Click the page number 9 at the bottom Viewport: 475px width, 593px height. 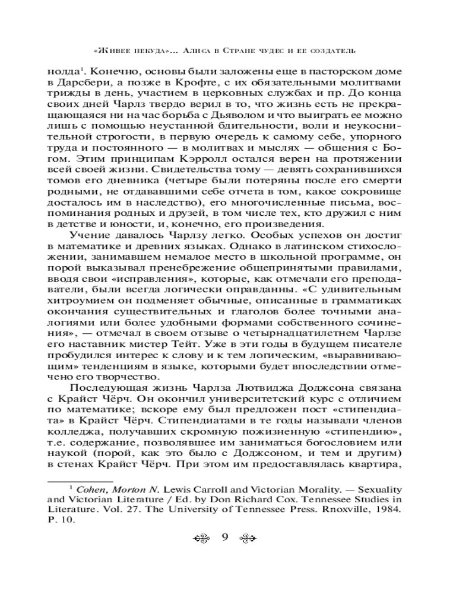225,538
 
